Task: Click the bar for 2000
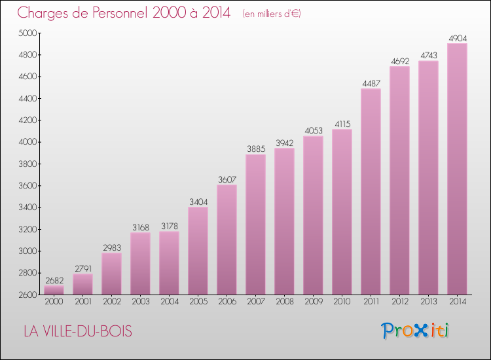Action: (54, 289)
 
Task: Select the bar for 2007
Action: (255, 225)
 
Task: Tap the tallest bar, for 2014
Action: (457, 169)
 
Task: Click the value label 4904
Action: (457, 39)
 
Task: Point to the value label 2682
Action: (54, 281)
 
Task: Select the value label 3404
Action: (198, 202)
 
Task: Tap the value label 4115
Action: (342, 124)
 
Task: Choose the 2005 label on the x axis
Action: (198, 302)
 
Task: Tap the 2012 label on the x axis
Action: (399, 302)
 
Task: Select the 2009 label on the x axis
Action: (313, 302)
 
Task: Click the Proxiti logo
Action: (416, 331)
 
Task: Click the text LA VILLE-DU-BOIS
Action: (77, 332)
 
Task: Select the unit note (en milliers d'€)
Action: (271, 14)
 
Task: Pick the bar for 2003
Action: (140, 263)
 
